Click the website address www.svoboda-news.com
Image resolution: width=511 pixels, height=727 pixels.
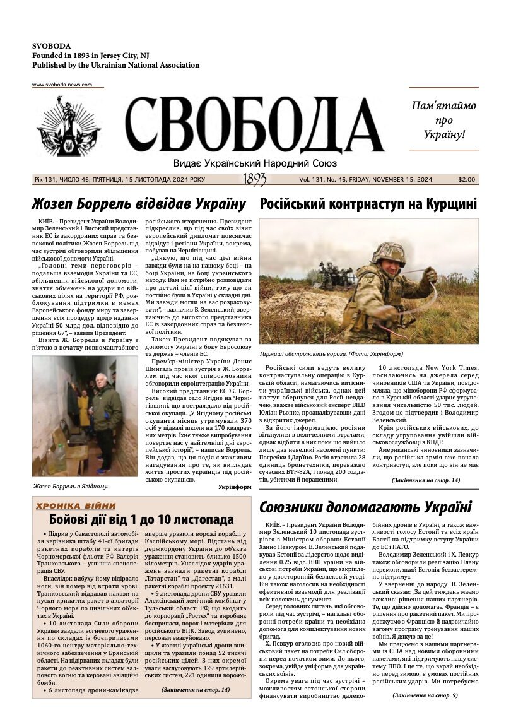click(x=62, y=85)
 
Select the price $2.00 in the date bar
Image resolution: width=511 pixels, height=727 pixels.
click(x=467, y=180)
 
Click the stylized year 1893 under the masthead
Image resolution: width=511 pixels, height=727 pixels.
click(x=255, y=180)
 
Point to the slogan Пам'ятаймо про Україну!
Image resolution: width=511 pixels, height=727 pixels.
click(x=443, y=120)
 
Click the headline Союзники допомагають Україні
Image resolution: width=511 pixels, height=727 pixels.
click(x=365, y=507)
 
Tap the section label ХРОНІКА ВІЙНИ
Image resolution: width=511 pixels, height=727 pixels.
click(x=76, y=505)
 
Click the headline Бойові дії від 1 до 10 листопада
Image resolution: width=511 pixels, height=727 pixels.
click(x=141, y=520)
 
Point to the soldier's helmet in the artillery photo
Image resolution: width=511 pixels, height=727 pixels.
click(x=389, y=253)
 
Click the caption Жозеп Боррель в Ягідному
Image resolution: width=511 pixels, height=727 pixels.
click(x=71, y=487)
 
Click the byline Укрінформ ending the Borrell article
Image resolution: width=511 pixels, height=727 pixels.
click(x=235, y=487)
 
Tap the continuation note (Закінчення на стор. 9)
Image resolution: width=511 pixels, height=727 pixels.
click(x=425, y=695)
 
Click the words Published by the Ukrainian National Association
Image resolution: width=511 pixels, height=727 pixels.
click(x=107, y=65)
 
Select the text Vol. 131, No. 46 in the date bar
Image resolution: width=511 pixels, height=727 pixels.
click(x=334, y=180)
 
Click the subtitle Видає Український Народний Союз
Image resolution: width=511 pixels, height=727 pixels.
click(x=255, y=163)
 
